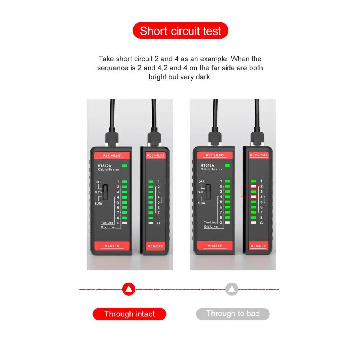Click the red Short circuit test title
(180, 31)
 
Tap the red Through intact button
(129, 314)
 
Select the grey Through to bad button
(233, 314)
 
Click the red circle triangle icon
(129, 289)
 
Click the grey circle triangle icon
(232, 289)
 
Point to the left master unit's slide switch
(105, 192)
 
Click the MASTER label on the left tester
(112, 246)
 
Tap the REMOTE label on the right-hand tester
(258, 246)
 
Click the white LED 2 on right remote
(254, 186)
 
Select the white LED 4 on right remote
(254, 197)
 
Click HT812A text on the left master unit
(105, 166)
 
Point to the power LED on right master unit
(227, 165)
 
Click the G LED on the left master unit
(124, 223)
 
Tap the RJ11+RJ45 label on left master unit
(111, 156)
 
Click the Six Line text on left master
(108, 227)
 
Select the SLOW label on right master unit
(201, 203)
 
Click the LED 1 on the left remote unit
(151, 182)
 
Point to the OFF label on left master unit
(99, 182)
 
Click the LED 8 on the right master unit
(227, 218)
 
